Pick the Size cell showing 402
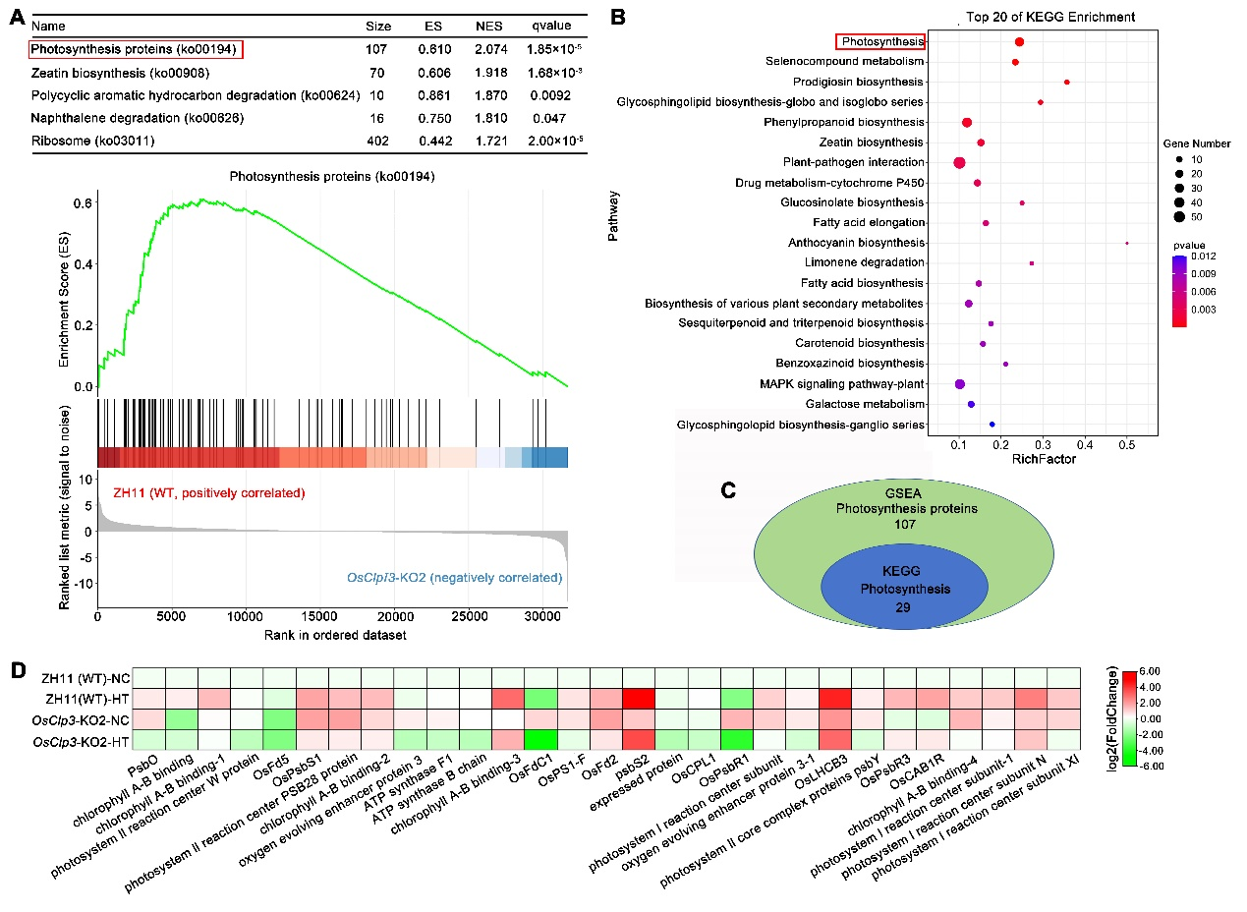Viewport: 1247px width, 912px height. [x=377, y=142]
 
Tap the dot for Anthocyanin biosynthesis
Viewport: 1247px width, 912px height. [x=1127, y=243]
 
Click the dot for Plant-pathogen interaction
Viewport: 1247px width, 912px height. [x=959, y=162]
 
